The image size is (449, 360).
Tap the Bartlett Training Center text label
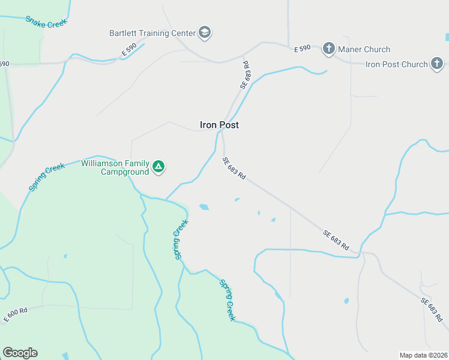152,33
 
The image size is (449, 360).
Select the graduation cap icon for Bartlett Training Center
205,32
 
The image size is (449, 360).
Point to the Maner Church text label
364,49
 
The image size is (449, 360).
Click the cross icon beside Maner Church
328,49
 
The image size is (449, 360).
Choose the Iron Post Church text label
397,64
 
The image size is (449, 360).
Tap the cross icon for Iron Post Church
438,64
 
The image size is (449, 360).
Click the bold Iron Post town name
219,125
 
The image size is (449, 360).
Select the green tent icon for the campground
158,167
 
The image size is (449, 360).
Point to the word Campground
124,172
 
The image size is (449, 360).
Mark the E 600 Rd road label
16,314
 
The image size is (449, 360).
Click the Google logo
20,353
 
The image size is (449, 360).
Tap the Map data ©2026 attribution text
423,355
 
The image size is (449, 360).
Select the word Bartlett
123,33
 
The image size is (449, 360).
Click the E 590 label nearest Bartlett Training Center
129,49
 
